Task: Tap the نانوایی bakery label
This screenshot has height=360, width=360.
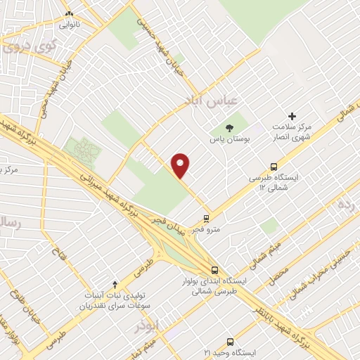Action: pos(70,25)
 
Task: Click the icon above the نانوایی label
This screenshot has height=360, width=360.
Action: pos(69,13)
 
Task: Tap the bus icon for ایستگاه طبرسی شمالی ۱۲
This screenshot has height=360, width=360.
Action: pos(273,167)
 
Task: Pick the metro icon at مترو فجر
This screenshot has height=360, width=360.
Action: pos(206,217)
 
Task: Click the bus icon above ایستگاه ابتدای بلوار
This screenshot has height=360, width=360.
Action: pos(214,269)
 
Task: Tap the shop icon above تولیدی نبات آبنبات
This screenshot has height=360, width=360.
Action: pos(116,281)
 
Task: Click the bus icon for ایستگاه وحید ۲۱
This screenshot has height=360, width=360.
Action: pos(227,340)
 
